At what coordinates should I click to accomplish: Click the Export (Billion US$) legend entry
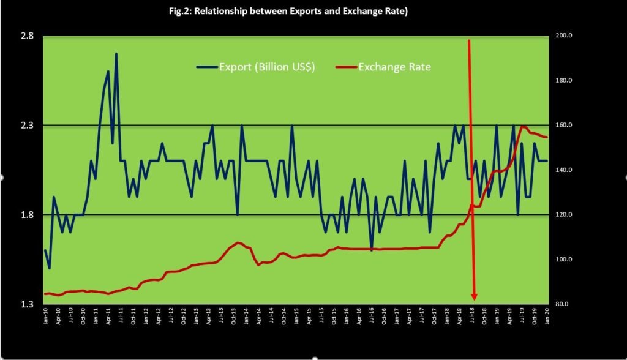coord(267,67)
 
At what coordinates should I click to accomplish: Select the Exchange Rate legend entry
coord(394,67)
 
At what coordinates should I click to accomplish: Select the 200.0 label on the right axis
coord(564,36)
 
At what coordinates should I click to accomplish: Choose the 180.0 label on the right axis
coord(564,81)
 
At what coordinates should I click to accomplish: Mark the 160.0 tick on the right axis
coord(564,126)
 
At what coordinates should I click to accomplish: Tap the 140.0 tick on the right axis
coord(564,170)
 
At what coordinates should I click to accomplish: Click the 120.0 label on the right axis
coord(564,215)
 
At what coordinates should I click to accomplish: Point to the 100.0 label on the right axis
coord(564,260)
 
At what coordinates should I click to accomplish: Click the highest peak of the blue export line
coord(116,54)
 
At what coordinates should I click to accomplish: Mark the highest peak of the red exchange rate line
coord(523,127)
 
